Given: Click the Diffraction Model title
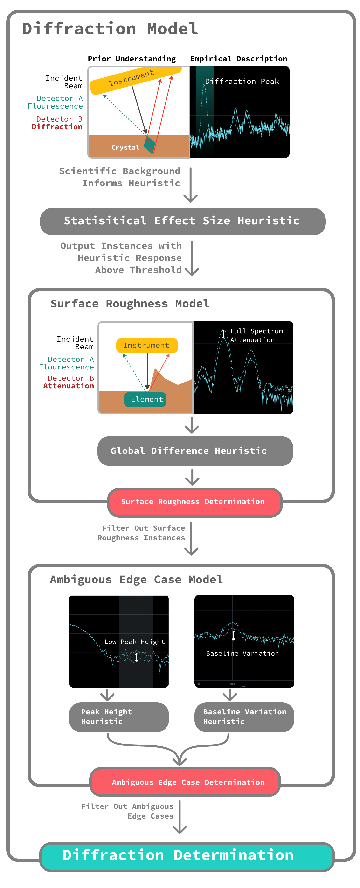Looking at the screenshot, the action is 110,29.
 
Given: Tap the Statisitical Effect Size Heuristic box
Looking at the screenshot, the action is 183,221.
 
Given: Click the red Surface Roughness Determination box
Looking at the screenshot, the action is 195,502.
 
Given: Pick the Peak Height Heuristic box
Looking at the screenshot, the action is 119,717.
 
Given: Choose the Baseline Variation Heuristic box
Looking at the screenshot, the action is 244,717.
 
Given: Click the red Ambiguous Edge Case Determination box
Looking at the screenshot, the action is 185,782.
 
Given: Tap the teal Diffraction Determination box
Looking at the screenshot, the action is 187,856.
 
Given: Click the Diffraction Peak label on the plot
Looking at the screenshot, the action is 242,82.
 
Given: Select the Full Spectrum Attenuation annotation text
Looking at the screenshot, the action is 256,335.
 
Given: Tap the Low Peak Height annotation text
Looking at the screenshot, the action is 134,642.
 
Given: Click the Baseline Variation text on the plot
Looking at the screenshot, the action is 242,653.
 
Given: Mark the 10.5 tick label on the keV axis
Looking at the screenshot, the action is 232,683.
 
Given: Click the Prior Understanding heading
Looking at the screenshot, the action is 132,59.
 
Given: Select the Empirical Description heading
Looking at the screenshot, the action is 239,59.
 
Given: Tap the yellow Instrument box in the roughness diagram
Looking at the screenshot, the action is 147,345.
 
